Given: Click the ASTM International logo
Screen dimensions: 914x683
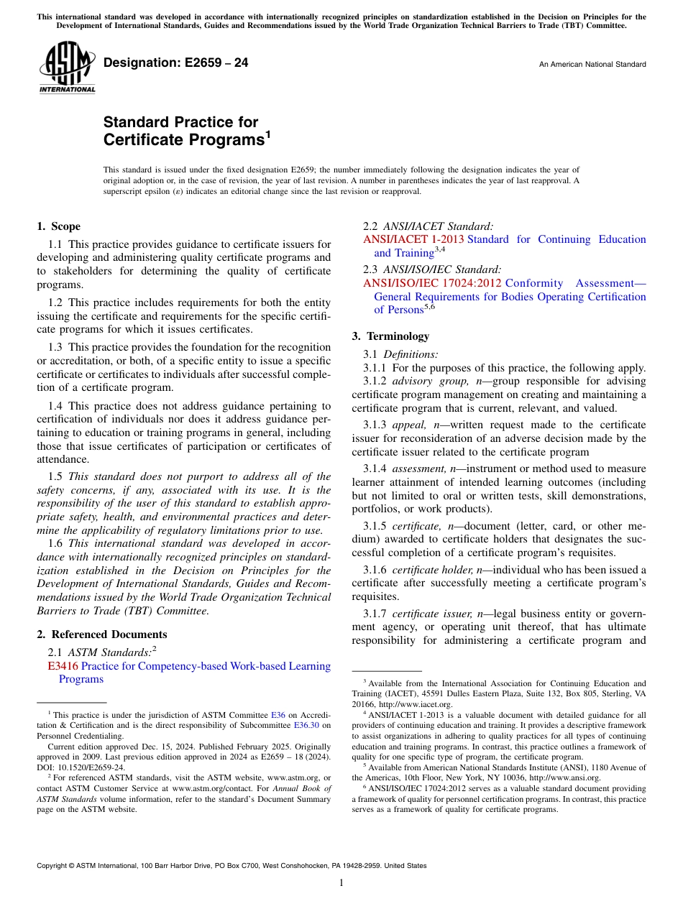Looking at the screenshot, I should tap(67, 68).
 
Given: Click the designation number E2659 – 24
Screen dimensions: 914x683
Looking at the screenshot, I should tap(176, 63).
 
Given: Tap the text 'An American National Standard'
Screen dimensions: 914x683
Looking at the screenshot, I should tap(592, 65).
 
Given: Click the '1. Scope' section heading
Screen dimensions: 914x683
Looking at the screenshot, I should tap(59, 226).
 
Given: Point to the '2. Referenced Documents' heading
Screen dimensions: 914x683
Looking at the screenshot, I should tap(102, 634).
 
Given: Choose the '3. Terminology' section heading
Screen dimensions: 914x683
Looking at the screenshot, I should tap(390, 336).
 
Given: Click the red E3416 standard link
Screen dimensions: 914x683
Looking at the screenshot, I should tap(63, 666).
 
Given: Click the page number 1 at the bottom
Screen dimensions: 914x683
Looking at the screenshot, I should tap(341, 883).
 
